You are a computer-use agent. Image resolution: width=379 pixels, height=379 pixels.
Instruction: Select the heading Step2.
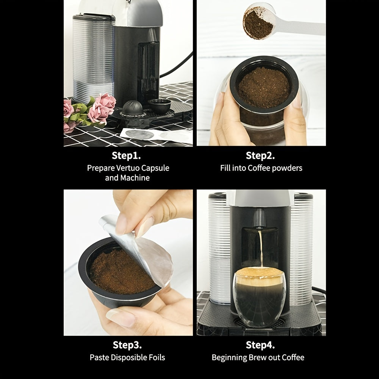click(x=260, y=155)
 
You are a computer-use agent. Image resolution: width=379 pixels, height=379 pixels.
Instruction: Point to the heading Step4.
click(x=260, y=345)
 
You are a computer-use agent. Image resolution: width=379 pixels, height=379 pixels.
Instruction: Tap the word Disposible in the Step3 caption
click(x=127, y=357)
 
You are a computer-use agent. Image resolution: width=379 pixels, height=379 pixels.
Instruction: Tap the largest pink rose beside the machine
click(x=102, y=106)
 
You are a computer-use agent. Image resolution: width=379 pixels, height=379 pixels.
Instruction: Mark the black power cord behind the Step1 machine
click(x=174, y=64)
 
